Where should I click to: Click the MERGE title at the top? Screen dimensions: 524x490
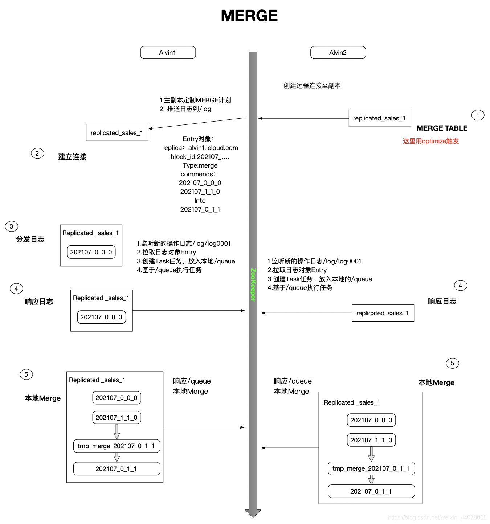249,16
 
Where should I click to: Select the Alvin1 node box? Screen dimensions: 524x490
168,53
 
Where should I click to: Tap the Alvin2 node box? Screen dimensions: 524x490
338,53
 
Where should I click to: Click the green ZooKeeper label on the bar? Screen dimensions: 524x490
253,284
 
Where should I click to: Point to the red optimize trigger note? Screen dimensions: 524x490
431,141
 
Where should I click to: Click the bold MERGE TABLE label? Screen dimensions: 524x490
442,128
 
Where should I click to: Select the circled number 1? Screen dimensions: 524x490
478,115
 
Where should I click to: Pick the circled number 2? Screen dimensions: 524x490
37,153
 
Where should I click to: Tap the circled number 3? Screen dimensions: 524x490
11,226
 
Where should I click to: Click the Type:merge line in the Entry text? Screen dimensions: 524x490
200,165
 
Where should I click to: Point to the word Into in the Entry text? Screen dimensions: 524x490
200,201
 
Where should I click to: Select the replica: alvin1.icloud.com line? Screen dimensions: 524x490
200,148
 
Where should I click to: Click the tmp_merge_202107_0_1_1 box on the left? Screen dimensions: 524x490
117,446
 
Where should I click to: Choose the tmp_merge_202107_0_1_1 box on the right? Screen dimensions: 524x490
371,468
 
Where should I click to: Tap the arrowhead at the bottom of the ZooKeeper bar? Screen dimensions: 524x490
253,513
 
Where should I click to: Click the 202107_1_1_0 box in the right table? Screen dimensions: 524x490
371,440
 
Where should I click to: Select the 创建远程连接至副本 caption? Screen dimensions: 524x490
312,86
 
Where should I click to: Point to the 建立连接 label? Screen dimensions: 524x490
72,157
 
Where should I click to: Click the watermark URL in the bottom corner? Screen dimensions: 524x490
437,517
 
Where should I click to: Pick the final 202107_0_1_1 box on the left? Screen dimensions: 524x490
117,469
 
